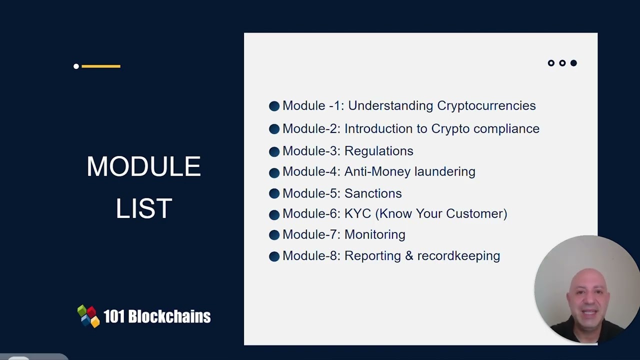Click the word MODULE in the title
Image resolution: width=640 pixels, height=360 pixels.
point(143,166)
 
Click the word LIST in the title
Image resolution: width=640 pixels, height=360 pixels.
point(144,208)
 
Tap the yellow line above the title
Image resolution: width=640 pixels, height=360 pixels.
point(101,66)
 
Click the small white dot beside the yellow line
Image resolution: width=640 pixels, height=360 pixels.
point(76,66)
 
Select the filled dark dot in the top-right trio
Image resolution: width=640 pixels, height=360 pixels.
point(573,63)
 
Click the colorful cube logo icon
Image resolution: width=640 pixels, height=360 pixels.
point(88,316)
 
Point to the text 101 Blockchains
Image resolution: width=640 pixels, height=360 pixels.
point(156,316)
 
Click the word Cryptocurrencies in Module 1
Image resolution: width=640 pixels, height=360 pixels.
point(486,106)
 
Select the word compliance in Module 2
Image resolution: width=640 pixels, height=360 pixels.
point(506,129)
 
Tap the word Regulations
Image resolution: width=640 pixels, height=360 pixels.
point(378,151)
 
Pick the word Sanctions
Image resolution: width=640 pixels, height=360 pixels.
point(372,193)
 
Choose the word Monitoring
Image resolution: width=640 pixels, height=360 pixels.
point(374,234)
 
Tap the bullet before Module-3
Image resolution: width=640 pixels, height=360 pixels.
point(274,151)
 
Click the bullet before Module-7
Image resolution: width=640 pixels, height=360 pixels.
point(274,235)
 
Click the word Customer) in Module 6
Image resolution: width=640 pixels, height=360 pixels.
point(476,214)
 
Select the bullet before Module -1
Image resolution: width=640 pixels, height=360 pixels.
point(274,106)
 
